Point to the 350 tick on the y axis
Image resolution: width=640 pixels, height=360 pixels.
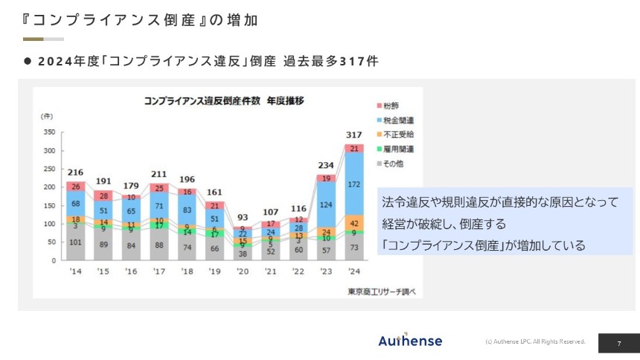point(48,132)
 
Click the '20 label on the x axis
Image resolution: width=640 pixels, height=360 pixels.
point(242,271)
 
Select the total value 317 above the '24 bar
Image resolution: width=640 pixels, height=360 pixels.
point(353,135)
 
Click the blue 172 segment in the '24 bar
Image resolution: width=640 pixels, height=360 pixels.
point(353,183)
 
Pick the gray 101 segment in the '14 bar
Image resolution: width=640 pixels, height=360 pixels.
point(75,242)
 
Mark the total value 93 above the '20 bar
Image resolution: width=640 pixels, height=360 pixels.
point(243,217)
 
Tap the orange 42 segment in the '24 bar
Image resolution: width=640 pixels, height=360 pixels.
point(353,223)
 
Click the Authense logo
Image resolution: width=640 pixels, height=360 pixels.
point(409,341)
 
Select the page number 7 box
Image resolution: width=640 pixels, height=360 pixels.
point(618,343)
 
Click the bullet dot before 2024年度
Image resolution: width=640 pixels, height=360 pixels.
point(28,62)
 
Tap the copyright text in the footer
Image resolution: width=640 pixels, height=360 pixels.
point(535,341)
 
